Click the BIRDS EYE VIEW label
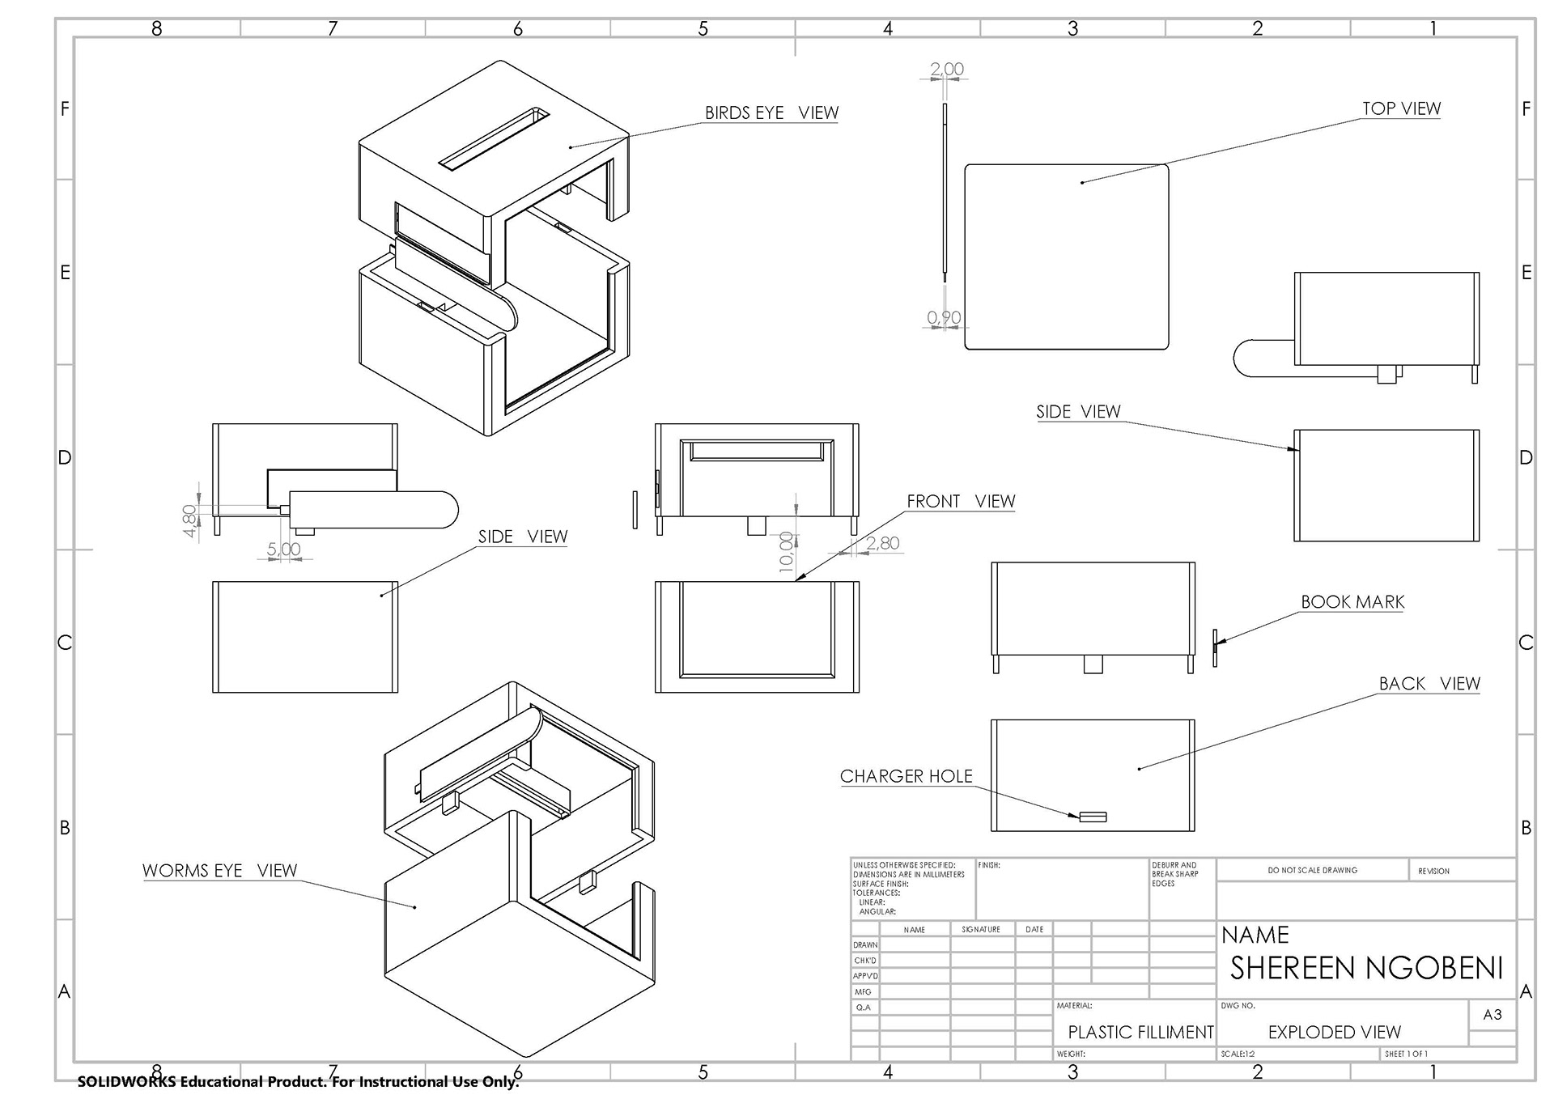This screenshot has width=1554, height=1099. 771,112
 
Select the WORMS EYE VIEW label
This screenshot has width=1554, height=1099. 220,871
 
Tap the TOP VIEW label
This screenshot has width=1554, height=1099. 1401,108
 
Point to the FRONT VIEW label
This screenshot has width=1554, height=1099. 961,502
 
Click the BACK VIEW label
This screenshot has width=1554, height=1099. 1429,684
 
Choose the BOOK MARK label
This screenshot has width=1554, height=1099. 1352,602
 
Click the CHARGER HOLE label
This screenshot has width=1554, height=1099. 906,776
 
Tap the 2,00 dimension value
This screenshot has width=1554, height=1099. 947,70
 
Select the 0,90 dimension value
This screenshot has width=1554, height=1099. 944,318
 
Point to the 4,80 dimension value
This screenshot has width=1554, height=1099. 189,521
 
